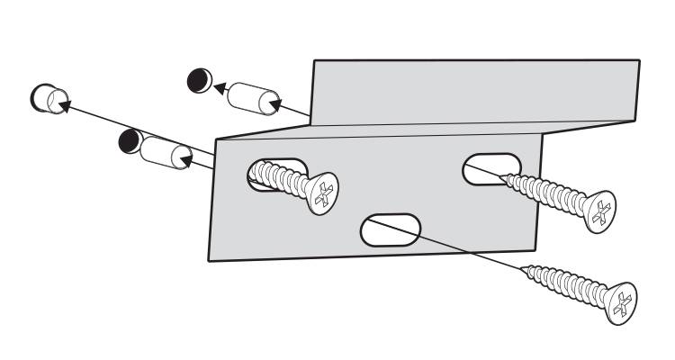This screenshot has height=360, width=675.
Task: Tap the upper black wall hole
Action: point(198,80)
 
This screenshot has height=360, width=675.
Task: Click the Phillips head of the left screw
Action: point(321,193)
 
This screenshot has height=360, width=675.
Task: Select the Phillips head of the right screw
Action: point(598,212)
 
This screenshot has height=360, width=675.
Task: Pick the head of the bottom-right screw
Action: point(621,302)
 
